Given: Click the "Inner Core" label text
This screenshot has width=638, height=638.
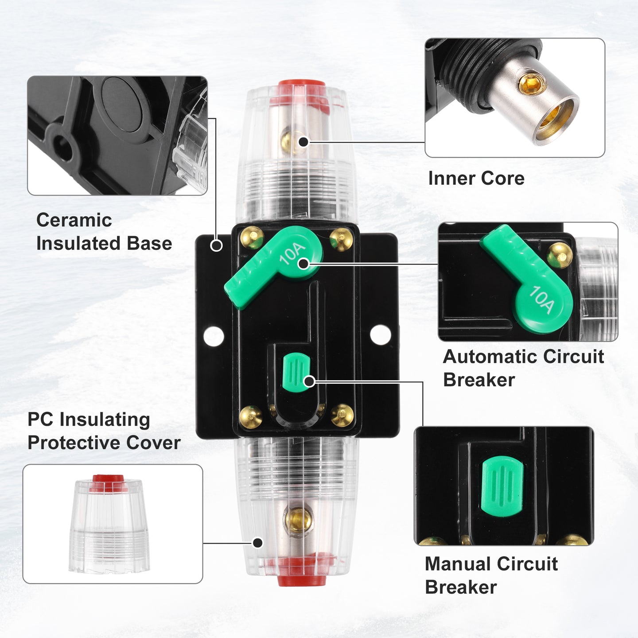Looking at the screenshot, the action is [476, 179].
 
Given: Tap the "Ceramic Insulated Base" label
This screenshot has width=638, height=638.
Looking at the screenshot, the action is [104, 231].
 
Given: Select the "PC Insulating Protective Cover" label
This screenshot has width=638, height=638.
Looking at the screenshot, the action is [104, 431].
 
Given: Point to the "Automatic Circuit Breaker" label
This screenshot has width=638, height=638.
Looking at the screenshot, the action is [523, 368].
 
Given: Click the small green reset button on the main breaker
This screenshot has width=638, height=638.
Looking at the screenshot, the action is [296, 372].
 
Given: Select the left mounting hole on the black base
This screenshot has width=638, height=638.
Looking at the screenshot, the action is [214, 336].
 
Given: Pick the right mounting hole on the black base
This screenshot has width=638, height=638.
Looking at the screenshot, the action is [381, 335].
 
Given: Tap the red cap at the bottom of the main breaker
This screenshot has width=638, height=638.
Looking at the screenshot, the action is [302, 578].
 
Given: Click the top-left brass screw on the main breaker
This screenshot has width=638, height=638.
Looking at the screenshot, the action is [252, 238].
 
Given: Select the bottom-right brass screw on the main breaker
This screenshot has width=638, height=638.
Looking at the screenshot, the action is [342, 415].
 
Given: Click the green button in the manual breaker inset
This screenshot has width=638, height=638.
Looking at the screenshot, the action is [502, 486].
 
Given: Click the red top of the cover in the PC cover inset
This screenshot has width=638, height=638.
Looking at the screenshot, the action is [108, 483].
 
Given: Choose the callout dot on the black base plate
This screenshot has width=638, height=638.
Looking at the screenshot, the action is [217, 245].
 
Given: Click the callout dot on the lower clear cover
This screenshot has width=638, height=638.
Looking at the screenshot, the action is [257, 543].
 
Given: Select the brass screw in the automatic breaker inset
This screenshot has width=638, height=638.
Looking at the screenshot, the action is [559, 255].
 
